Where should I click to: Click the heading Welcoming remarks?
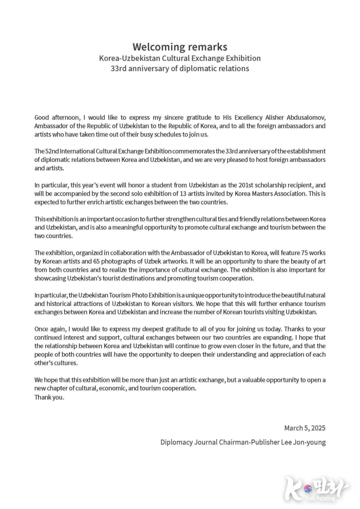180,47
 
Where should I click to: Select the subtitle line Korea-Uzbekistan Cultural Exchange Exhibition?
180,58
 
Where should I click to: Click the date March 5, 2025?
305,428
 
